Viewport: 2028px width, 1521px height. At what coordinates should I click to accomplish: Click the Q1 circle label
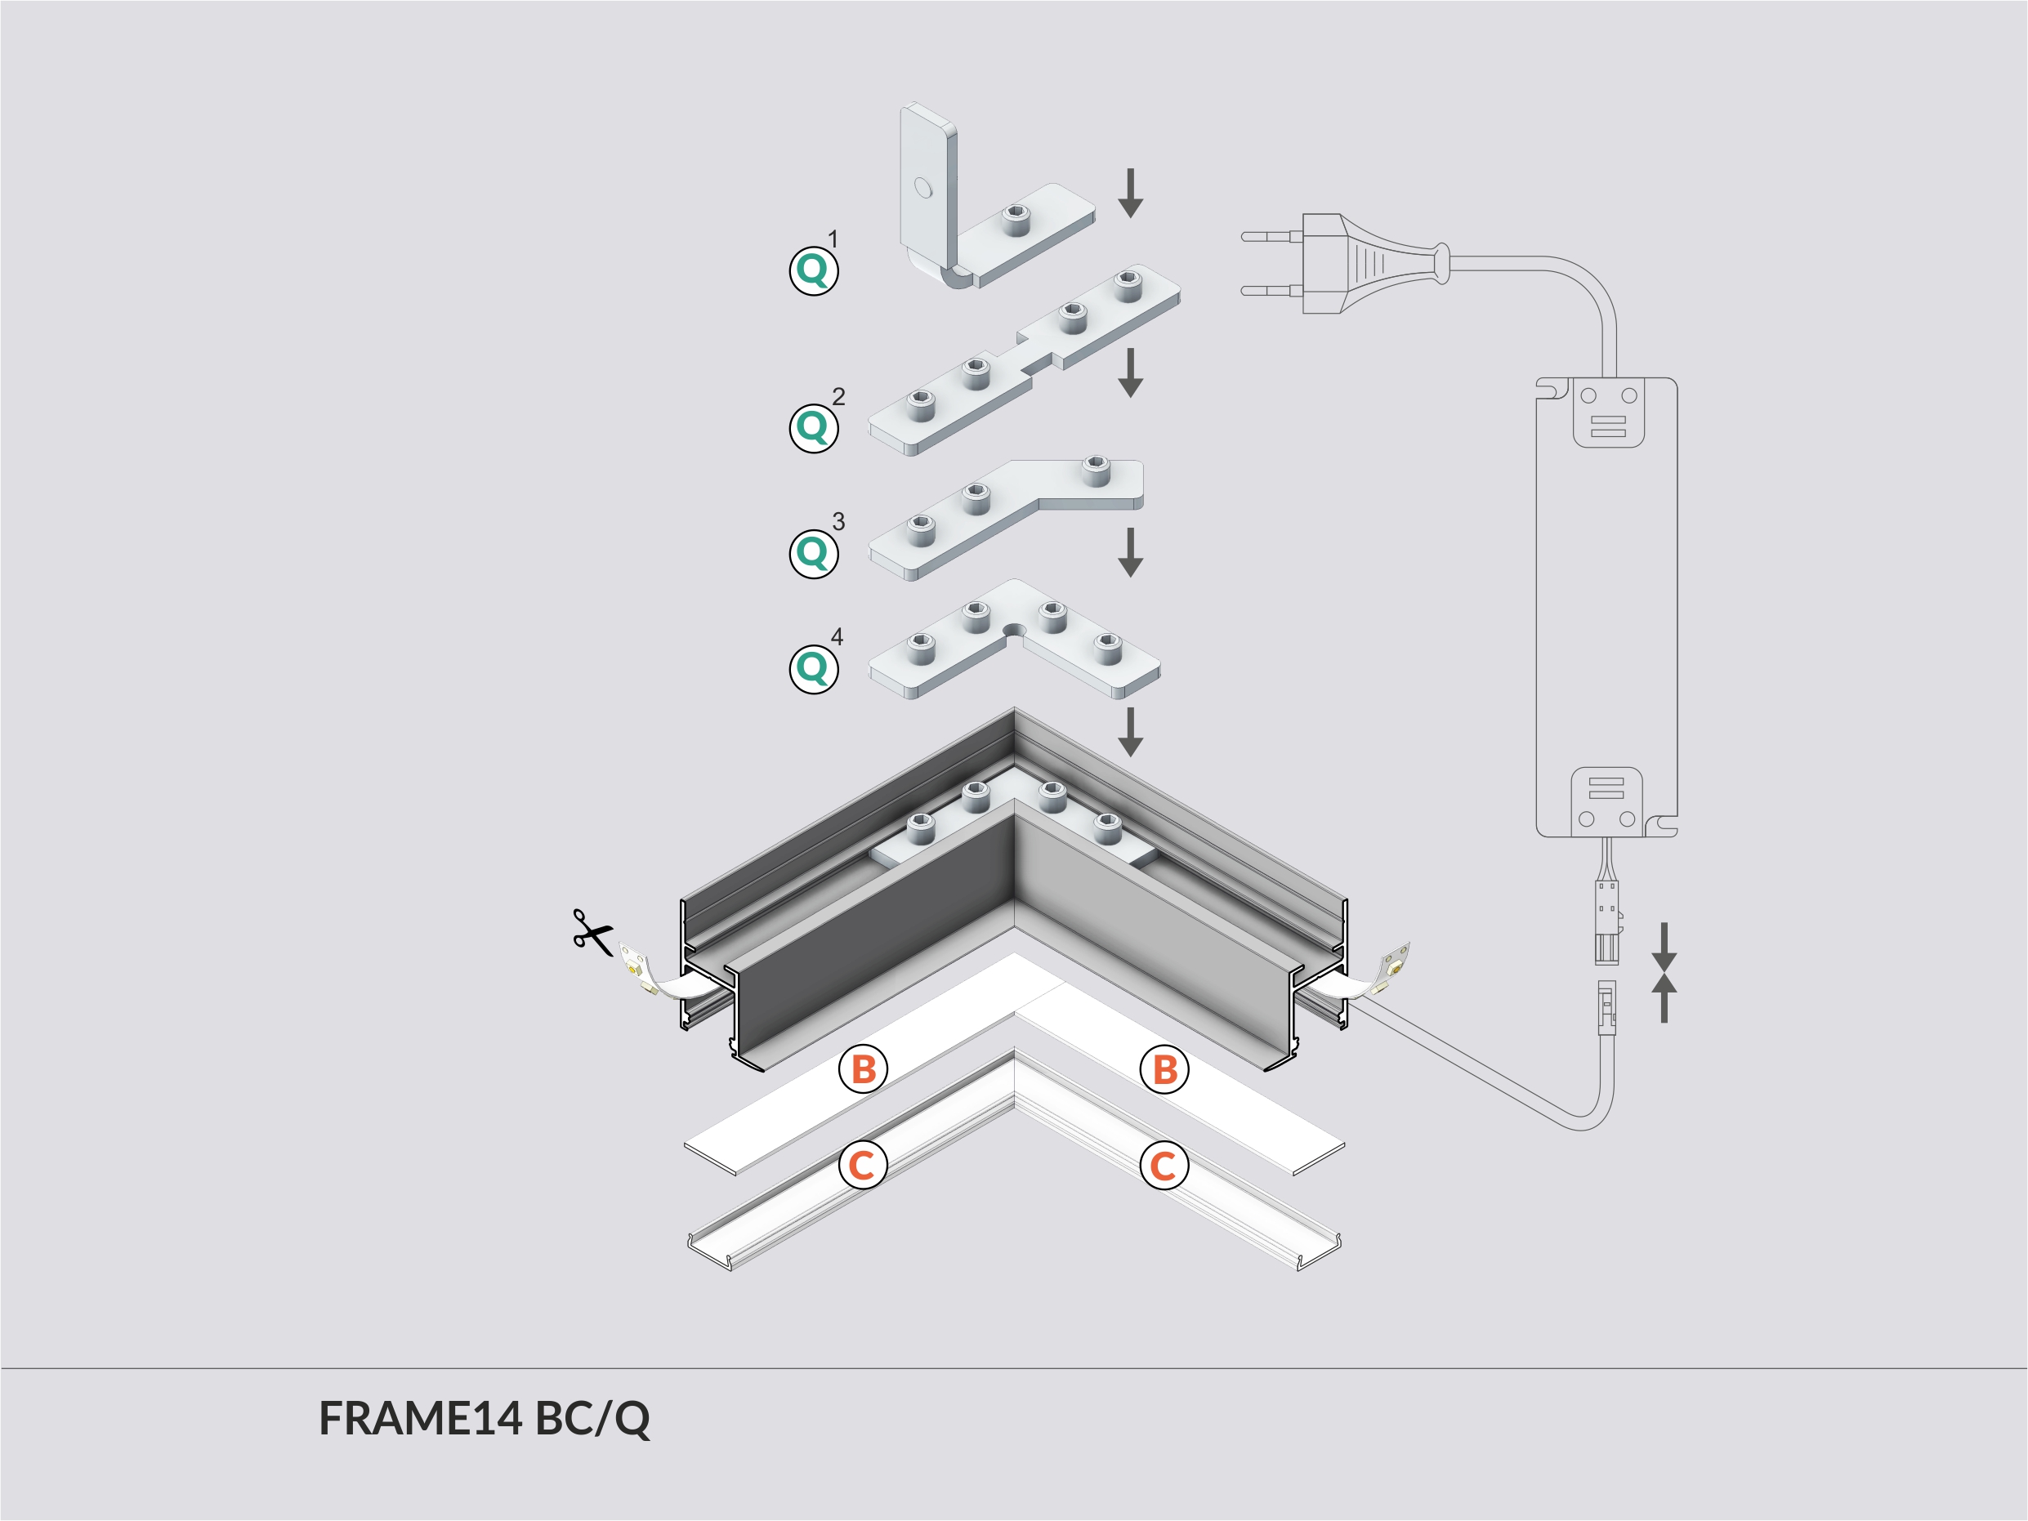[813, 270]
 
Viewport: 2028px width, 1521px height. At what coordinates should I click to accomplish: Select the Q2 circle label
[813, 427]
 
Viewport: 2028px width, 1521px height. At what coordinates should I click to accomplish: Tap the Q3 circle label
[813, 553]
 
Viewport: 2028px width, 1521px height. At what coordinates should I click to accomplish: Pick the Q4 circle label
[813, 668]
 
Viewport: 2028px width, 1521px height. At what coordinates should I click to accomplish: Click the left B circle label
[863, 1069]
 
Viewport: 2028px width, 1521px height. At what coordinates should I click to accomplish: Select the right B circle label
[1164, 1069]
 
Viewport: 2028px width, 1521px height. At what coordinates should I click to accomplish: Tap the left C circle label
[863, 1166]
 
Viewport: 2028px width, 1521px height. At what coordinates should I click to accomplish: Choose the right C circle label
[1164, 1166]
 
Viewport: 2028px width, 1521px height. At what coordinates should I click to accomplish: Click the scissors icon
[592, 932]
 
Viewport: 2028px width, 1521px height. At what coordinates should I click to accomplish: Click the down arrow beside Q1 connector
[1131, 194]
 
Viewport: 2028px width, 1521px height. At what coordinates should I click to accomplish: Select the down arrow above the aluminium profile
[1131, 732]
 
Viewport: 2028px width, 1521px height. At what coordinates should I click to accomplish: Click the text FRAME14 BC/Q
[484, 1418]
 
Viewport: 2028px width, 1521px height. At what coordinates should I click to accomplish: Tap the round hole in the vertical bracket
[922, 188]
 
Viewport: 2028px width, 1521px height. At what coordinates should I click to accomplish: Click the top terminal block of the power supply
[1608, 413]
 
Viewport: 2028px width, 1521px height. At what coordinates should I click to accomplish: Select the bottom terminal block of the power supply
[1606, 801]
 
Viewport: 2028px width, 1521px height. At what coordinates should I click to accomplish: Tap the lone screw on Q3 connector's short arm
[1095, 471]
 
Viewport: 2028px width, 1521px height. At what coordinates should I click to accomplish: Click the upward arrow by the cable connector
[1664, 997]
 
